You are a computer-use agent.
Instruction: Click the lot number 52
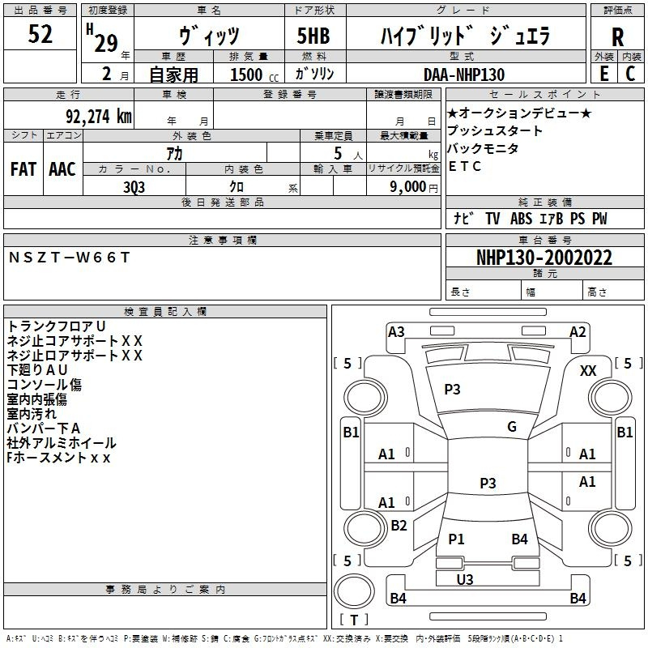point(40,36)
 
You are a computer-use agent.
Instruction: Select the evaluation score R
point(617,36)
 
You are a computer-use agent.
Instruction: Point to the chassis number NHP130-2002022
point(544,258)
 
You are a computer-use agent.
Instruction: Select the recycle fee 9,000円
point(414,186)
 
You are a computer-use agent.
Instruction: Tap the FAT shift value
point(23,169)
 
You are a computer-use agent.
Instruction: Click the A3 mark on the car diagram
point(396,331)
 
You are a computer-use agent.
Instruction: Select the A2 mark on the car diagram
point(578,331)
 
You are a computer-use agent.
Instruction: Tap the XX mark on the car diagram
point(589,371)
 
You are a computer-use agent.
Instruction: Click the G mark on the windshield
point(512,427)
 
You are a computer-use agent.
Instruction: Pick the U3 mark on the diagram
point(465,579)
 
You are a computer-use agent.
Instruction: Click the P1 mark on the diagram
point(456,539)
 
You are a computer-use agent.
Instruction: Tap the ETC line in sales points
point(465,167)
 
